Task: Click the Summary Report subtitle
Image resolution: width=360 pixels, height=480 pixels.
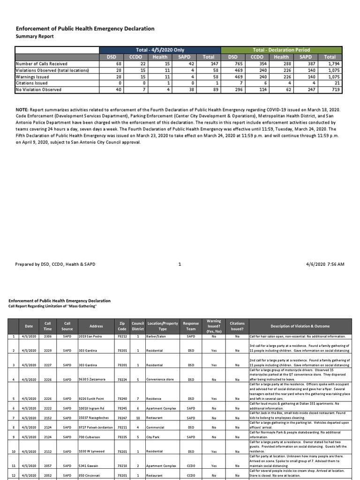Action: tap(35, 36)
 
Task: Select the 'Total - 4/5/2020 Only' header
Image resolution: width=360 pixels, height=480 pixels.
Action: tap(160, 50)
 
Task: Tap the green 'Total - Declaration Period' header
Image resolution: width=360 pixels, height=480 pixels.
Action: tap(281, 50)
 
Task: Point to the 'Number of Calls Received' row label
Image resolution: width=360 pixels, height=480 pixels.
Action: tap(42, 64)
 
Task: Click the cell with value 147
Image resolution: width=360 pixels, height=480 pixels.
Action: tap(209, 64)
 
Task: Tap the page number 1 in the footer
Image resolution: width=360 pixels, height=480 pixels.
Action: tap(180, 264)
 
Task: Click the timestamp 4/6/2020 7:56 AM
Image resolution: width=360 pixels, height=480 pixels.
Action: tap(328, 264)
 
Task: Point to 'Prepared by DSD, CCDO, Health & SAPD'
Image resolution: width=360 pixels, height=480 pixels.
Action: tap(55, 264)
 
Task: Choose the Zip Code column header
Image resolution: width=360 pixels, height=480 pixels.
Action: tap(122, 326)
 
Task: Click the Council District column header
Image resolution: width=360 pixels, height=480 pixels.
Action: tap(138, 326)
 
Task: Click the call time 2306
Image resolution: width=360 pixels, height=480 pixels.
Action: tap(48, 337)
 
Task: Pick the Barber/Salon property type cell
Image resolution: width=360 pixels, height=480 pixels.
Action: tap(157, 337)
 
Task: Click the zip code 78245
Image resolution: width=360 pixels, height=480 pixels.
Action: tap(122, 408)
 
